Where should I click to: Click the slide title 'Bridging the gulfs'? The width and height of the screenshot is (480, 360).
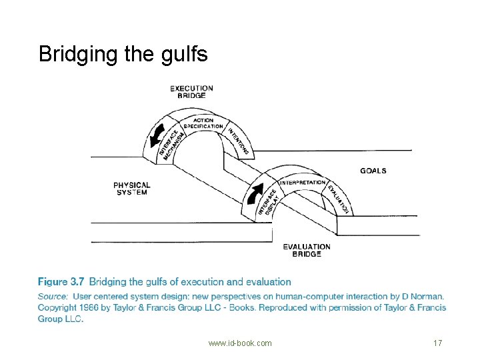point(123,55)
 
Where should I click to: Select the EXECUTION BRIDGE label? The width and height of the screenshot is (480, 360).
point(191,92)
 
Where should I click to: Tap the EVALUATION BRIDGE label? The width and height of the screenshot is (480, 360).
point(307,251)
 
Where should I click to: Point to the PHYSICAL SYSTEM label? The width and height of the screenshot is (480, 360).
point(131,189)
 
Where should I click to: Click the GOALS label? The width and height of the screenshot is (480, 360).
point(373,171)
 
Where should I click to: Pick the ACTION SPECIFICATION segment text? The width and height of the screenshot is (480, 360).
point(203,123)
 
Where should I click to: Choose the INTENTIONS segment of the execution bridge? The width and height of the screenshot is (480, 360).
point(238,141)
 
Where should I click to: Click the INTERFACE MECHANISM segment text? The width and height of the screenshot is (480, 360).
point(172,145)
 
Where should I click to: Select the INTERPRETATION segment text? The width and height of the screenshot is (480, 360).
point(303,183)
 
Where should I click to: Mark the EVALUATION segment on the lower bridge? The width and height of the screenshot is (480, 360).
point(338,199)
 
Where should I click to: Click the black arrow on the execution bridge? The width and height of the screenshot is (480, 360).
point(157,136)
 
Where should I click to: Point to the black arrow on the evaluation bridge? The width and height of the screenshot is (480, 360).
point(255,193)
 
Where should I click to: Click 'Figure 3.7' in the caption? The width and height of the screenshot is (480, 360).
point(61,281)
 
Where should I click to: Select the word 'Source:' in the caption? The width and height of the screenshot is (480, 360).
point(53,296)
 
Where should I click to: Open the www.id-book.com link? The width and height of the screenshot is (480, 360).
point(240,343)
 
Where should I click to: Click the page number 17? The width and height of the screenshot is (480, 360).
point(438,343)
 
